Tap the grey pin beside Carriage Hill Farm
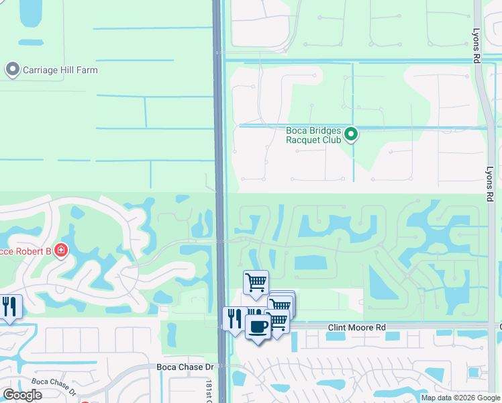[x=12, y=69]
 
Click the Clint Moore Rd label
[x=357, y=328]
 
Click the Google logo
[x=22, y=395]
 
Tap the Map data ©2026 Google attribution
[x=460, y=398]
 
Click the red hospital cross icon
[x=61, y=251]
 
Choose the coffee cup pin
[x=257, y=327]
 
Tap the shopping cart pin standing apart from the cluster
[x=256, y=283]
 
